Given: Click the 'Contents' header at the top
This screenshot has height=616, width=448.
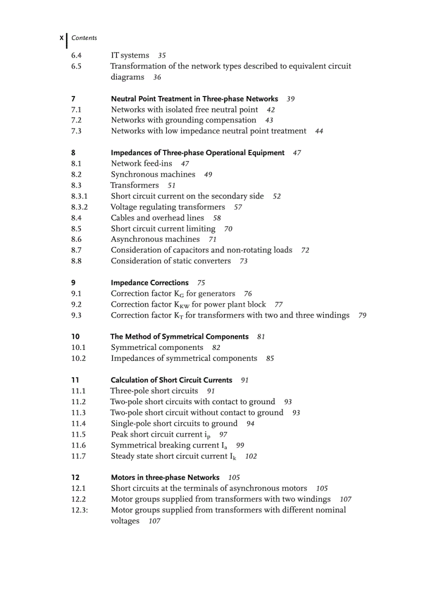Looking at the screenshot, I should (x=84, y=38).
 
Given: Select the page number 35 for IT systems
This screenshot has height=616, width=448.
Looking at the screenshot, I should (x=162, y=55).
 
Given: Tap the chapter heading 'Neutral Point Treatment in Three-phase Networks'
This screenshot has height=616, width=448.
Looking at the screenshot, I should (x=194, y=99).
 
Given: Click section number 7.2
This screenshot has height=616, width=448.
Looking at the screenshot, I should (x=76, y=120).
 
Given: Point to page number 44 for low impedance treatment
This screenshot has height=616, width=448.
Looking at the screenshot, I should (x=319, y=131).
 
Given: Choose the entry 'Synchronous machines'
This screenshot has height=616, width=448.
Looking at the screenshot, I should (x=153, y=174).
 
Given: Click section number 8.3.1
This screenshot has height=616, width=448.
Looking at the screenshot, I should (x=80, y=196).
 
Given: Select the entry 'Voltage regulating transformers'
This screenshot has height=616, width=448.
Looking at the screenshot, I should (x=168, y=207).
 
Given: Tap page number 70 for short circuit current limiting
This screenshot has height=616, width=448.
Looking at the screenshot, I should (x=228, y=229).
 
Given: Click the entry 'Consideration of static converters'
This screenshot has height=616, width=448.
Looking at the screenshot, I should (x=171, y=261).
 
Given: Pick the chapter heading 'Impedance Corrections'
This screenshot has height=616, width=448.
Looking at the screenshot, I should (x=149, y=283).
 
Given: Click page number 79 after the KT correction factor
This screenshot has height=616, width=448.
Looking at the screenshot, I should (x=362, y=315).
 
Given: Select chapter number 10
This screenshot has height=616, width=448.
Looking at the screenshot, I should (x=75, y=337).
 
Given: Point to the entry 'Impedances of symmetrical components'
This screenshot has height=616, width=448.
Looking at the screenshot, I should (x=184, y=359).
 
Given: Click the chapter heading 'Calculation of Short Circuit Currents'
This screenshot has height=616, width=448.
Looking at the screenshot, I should (x=171, y=380).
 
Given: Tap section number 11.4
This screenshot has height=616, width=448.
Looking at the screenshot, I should (x=79, y=423).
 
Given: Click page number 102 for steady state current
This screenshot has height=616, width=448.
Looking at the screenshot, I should (x=251, y=456).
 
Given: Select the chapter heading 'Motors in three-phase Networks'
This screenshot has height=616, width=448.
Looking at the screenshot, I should (x=165, y=478).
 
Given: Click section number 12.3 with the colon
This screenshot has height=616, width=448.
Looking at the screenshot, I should (x=80, y=510).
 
